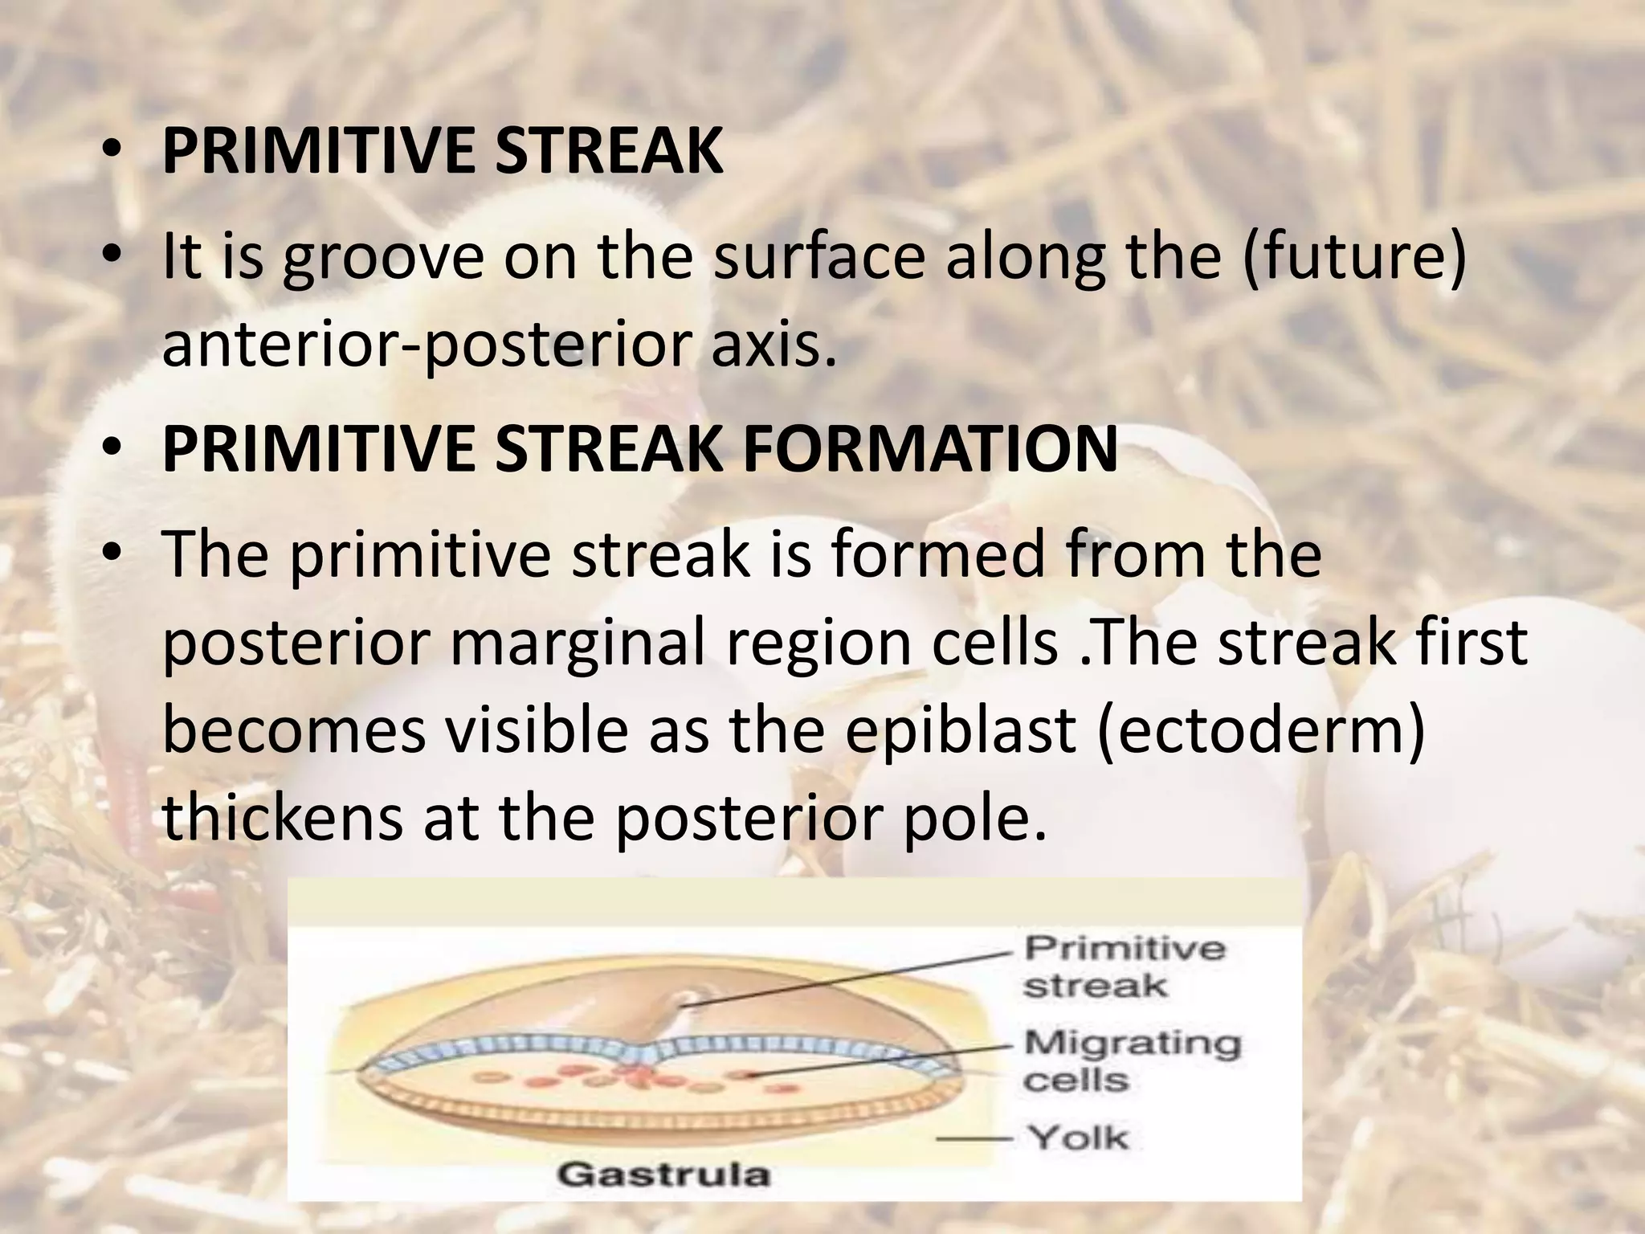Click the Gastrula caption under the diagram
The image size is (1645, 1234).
663,1175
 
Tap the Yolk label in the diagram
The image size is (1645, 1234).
1078,1137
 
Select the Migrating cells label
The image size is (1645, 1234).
1131,1060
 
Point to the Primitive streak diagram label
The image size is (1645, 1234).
1123,966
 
